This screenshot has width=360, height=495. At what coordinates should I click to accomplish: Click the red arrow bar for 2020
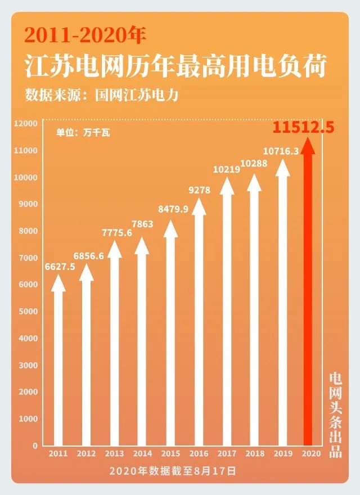pyautogui.click(x=308, y=298)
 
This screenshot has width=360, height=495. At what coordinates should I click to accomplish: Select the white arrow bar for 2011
pyautogui.click(x=58, y=366)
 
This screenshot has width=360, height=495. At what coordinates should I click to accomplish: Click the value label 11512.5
pyautogui.click(x=304, y=128)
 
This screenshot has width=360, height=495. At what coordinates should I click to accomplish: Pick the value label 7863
pyautogui.click(x=142, y=224)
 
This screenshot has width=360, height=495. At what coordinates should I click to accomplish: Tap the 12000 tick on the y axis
pyautogui.click(x=26, y=123)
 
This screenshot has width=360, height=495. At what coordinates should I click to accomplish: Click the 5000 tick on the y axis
pyautogui.click(x=28, y=312)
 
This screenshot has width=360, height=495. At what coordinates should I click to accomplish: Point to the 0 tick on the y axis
pyautogui.click(x=34, y=445)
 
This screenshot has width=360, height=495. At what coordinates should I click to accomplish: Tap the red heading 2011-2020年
pyautogui.click(x=84, y=36)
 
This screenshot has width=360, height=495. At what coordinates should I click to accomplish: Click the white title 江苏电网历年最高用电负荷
pyautogui.click(x=175, y=67)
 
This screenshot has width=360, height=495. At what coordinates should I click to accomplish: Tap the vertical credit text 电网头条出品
pyautogui.click(x=335, y=415)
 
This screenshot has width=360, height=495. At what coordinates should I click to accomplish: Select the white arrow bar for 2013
pyautogui.click(x=114, y=349)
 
